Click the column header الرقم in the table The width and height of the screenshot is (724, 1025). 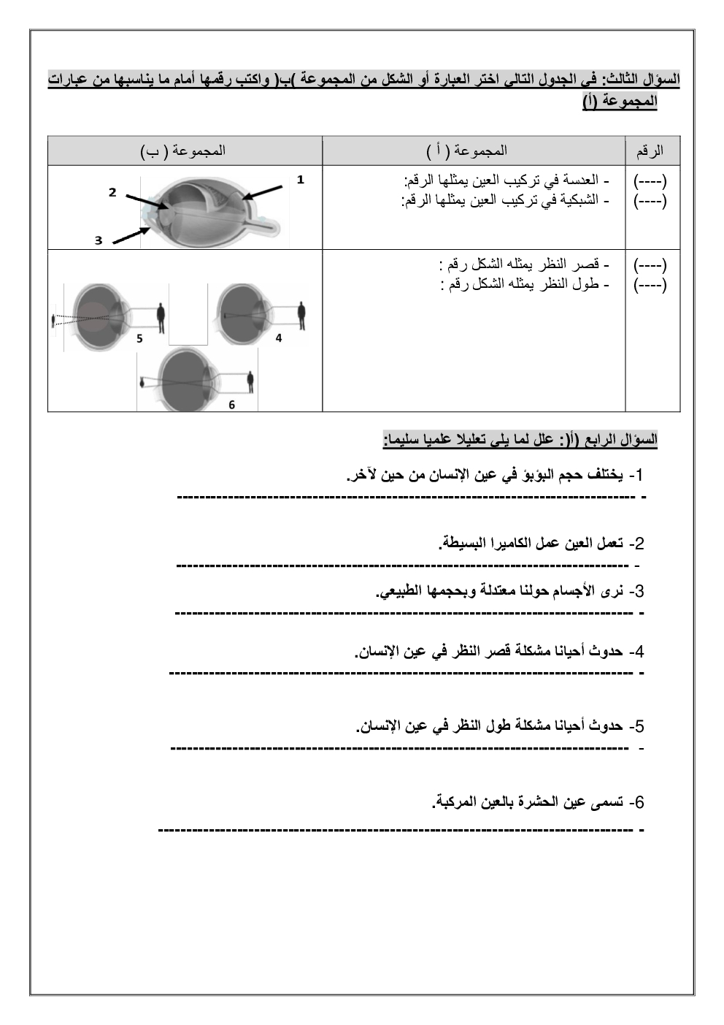[x=650, y=151]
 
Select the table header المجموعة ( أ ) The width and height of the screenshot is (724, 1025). [x=467, y=151]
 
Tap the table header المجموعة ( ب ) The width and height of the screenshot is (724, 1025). [x=183, y=151]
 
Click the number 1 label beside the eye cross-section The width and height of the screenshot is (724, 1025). [x=300, y=180]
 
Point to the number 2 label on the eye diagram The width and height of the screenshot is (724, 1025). [x=112, y=192]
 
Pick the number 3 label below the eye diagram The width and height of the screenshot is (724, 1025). [x=99, y=240]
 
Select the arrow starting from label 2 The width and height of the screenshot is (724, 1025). [x=146, y=202]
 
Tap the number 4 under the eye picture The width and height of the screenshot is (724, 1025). [x=279, y=338]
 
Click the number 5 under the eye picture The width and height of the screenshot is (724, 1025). [x=139, y=338]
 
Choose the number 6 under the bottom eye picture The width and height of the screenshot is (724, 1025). [x=232, y=405]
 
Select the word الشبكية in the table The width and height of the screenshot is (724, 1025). [x=579, y=199]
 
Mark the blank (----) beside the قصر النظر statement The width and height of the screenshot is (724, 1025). [x=650, y=264]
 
